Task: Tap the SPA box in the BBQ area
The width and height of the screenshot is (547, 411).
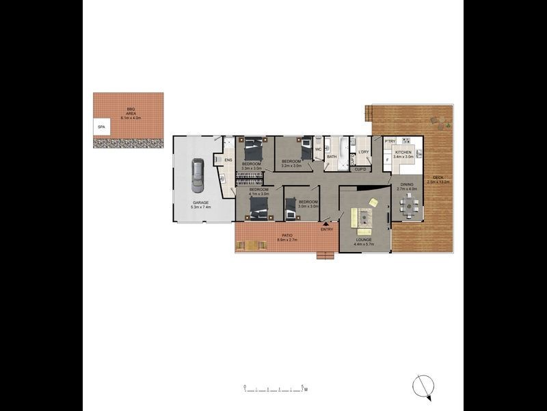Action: pos(101,127)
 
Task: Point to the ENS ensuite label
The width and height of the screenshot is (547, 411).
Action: pos(228,161)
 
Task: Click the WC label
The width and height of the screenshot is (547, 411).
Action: pos(318,149)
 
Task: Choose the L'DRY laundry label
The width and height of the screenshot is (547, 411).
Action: pos(364,152)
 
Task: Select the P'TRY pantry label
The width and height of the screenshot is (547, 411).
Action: pos(390,142)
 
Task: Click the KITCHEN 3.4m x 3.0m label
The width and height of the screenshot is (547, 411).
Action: pos(403,154)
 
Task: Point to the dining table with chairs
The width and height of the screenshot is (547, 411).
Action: pos(409,204)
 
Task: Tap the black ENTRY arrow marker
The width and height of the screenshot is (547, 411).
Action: pos(325,222)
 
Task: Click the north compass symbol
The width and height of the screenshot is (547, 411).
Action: pos(423,387)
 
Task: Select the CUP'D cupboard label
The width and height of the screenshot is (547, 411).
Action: pos(360,169)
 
